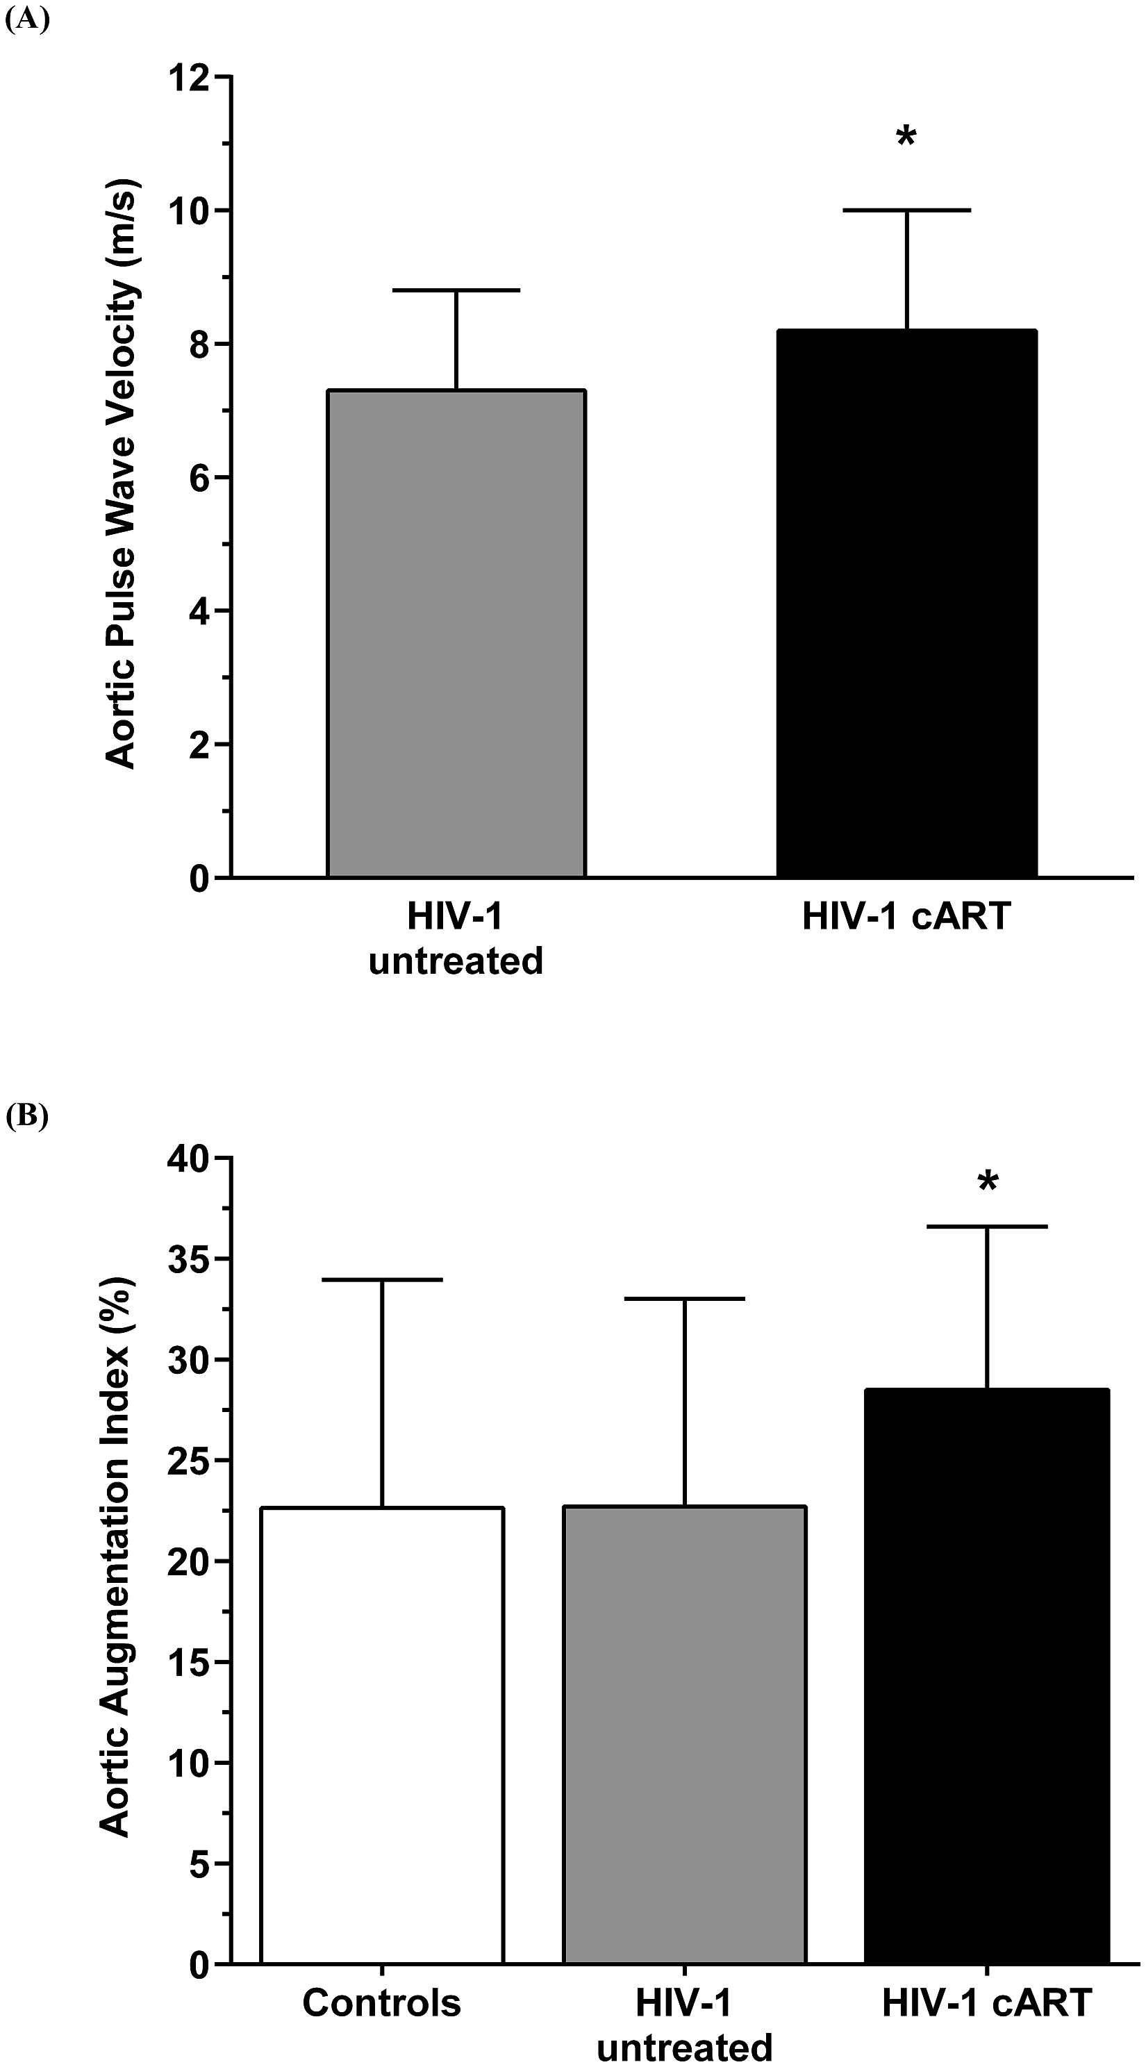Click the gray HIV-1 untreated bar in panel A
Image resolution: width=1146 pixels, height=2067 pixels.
(456, 634)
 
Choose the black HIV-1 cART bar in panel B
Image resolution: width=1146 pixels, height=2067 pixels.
(987, 1677)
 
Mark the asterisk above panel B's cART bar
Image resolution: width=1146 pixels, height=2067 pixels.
(988, 1183)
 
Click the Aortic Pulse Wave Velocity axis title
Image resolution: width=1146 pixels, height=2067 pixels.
(122, 474)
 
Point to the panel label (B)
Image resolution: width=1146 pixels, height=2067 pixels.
(27, 1115)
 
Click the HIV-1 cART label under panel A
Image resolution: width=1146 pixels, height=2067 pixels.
(906, 916)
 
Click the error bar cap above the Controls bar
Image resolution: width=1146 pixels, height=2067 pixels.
(382, 1280)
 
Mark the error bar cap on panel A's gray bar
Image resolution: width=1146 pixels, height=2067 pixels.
(456, 290)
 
